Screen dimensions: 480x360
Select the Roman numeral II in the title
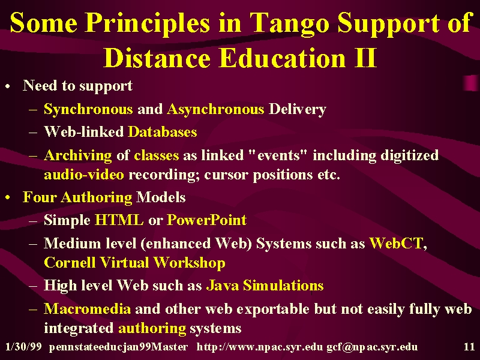click(365, 58)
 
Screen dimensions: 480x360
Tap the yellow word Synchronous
click(88, 110)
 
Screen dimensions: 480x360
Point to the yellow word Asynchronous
click(215, 110)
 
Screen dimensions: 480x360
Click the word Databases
click(162, 132)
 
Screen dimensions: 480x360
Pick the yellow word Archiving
click(78, 156)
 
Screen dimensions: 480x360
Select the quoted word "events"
click(278, 155)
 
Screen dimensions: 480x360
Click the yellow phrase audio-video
click(84, 175)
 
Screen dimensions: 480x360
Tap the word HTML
click(119, 220)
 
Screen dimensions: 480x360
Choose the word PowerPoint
click(206, 220)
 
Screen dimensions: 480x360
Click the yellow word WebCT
click(396, 244)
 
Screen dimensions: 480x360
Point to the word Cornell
click(70, 263)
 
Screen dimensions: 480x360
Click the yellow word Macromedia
click(87, 309)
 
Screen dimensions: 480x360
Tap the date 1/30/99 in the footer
click(23, 347)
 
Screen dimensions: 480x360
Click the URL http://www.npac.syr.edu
click(260, 347)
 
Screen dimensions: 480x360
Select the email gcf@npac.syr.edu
click(372, 347)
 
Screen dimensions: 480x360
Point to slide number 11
click(469, 347)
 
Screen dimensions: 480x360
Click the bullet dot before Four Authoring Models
click(8, 198)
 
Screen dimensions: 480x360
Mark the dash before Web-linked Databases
click(33, 133)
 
